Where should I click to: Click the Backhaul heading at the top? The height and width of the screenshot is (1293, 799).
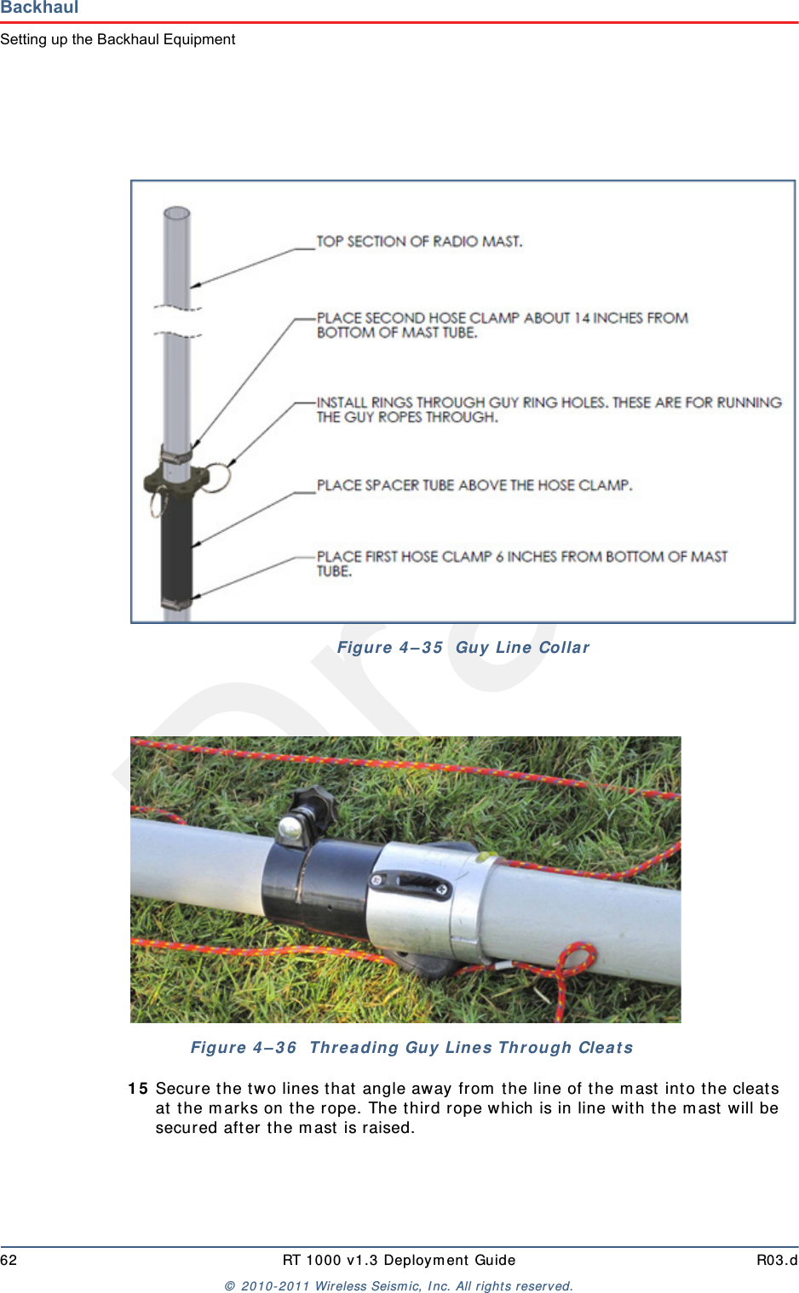click(39, 8)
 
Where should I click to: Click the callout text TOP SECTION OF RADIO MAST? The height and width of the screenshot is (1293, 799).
click(419, 242)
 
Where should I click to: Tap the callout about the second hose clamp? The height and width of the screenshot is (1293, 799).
click(502, 325)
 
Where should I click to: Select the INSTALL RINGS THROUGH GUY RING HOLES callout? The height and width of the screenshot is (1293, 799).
click(549, 409)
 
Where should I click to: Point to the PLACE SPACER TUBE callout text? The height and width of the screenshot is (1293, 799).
click(474, 485)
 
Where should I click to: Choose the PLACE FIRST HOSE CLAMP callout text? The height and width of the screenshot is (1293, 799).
click(521, 564)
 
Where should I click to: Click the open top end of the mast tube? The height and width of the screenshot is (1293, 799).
click(176, 213)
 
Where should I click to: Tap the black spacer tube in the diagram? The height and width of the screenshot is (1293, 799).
click(176, 545)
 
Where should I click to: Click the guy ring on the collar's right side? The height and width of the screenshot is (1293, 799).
click(216, 477)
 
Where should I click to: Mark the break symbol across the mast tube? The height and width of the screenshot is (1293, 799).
click(177, 321)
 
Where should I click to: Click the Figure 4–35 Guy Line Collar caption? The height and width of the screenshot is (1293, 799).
click(463, 648)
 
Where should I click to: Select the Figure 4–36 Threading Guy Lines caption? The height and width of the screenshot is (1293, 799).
click(411, 1048)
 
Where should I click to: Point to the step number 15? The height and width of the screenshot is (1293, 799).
click(138, 1089)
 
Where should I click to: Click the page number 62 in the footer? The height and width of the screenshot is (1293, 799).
click(9, 1261)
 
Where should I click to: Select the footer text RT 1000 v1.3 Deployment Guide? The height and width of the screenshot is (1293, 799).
click(399, 1261)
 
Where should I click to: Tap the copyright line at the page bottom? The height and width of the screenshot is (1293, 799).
click(399, 1286)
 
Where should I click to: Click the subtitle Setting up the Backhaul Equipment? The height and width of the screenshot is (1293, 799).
click(118, 39)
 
